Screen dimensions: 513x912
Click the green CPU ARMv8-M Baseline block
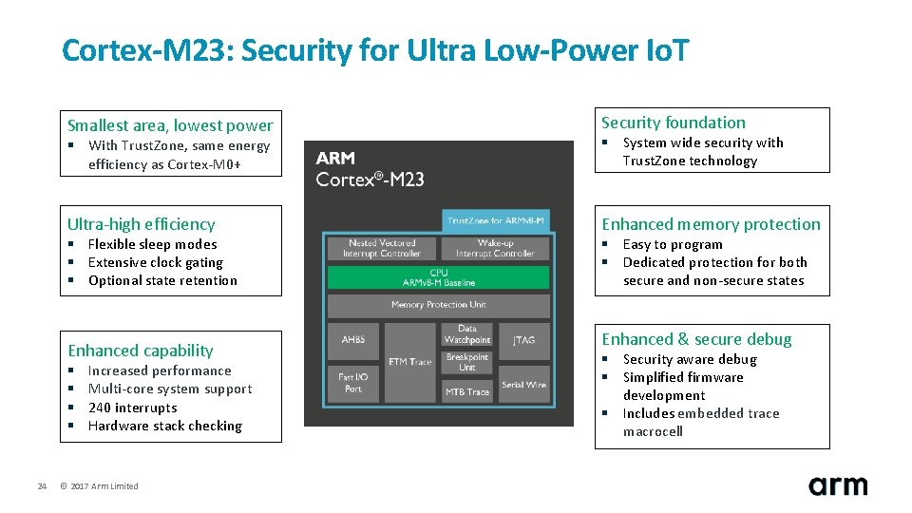438,277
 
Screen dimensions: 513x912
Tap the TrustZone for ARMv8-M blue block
496,221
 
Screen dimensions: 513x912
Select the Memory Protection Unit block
438,305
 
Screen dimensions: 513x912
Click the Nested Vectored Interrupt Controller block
381,249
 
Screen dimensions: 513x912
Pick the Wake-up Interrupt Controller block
495,249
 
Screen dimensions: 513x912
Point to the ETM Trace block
410,362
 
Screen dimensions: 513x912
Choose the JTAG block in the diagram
523,339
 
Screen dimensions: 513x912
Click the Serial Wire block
523,385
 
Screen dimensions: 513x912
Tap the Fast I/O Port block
353,383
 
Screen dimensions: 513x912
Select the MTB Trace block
467,391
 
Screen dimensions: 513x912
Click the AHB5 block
353,339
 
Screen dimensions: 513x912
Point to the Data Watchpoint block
467,334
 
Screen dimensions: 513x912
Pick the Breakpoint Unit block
467,363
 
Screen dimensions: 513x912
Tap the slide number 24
42,486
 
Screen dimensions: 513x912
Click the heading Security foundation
674,123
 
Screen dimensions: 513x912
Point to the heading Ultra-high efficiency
142,224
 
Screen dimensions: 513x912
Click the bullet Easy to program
673,244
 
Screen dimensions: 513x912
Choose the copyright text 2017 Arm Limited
99,486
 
